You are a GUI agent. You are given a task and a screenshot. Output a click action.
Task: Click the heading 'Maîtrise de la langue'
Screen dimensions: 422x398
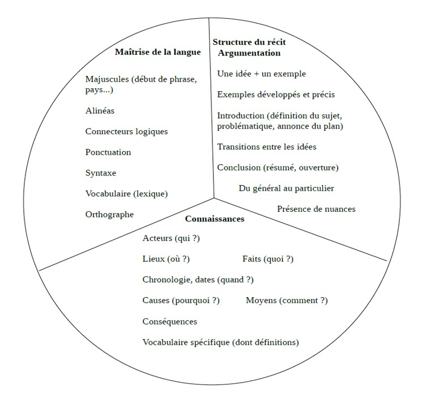pos(158,52)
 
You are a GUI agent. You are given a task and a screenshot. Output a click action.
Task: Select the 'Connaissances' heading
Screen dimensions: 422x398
pos(215,219)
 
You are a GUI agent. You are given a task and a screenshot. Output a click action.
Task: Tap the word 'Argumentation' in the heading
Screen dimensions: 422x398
pos(249,53)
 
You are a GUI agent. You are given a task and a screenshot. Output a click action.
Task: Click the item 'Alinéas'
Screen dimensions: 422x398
pos(100,110)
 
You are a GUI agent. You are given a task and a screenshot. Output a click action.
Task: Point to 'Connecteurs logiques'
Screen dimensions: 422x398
pos(126,131)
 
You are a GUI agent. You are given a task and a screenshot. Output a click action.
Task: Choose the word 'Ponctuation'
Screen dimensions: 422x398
pos(108,152)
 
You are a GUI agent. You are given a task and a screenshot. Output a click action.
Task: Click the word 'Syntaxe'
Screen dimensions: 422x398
pos(101,173)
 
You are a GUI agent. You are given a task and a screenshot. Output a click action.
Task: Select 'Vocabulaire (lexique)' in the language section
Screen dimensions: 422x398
pos(126,194)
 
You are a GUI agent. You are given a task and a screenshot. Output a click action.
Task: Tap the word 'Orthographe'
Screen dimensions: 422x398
pos(109,215)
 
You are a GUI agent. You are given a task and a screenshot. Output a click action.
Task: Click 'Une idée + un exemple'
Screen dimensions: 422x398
pos(262,74)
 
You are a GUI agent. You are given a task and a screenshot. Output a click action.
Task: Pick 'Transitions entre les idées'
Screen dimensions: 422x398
pos(267,147)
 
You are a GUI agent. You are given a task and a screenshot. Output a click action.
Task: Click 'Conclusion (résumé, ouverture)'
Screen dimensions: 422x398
pos(278,168)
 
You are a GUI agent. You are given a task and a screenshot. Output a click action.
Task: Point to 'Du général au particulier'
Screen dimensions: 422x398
pos(287,188)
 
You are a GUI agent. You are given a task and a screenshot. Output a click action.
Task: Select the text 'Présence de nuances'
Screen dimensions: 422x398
pos(316,209)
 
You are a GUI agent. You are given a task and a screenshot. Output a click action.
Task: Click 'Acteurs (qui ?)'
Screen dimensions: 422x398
pos(171,238)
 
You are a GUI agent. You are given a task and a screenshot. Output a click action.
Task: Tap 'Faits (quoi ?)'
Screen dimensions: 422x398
pos(268,259)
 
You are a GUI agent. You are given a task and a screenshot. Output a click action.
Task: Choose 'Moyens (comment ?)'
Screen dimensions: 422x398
pos(287,301)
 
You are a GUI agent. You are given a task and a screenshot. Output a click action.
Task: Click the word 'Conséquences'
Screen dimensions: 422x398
pos(170,322)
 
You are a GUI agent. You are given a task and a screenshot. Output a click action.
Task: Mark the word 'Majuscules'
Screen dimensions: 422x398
pos(107,79)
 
